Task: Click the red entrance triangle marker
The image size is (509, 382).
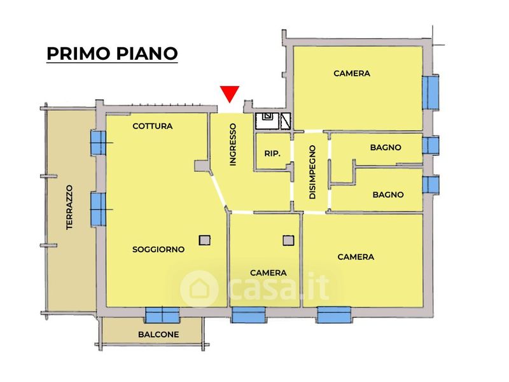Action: pyautogui.click(x=229, y=94)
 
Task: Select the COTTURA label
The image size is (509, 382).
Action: pyautogui.click(x=152, y=126)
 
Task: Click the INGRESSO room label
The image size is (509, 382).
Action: pyautogui.click(x=233, y=145)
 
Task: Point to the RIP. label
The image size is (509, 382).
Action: pyautogui.click(x=273, y=153)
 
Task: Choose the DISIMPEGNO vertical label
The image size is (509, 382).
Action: pyautogui.click(x=312, y=173)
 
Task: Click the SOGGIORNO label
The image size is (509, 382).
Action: pyautogui.click(x=158, y=250)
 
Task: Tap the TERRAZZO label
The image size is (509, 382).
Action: pyautogui.click(x=70, y=207)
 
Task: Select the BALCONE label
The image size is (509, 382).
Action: pyautogui.click(x=158, y=334)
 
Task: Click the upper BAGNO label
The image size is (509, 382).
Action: pyautogui.click(x=386, y=147)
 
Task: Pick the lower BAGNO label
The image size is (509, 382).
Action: pyautogui.click(x=388, y=195)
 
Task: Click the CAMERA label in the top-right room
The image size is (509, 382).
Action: pyautogui.click(x=352, y=73)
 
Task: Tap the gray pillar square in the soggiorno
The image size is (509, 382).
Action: pyautogui.click(x=204, y=240)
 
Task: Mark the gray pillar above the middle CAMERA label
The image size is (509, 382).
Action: pyautogui.click(x=288, y=240)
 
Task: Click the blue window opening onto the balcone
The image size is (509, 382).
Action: pyautogui.click(x=162, y=315)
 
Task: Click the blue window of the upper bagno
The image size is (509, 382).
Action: pyautogui.click(x=431, y=145)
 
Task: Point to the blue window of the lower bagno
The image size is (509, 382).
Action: pyautogui.click(x=431, y=185)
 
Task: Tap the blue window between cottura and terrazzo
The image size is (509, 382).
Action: pyautogui.click(x=98, y=142)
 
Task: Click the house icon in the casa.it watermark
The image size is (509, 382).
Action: pyautogui.click(x=199, y=288)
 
